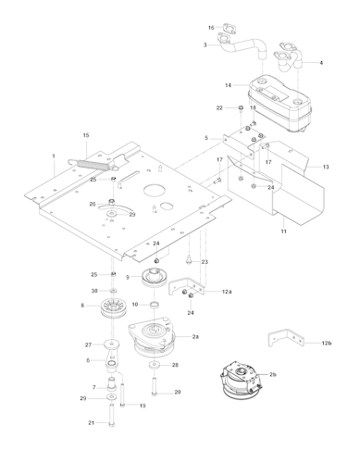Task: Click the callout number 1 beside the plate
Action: click(54, 156)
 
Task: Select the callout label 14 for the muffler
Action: click(228, 85)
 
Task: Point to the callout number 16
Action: click(210, 28)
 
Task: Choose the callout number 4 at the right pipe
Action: click(321, 63)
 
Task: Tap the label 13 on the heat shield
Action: click(326, 167)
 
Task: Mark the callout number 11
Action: click(283, 229)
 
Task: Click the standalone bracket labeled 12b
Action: click(283, 340)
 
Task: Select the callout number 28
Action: click(176, 365)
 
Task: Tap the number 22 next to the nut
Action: click(219, 108)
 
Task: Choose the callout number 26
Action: click(93, 204)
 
